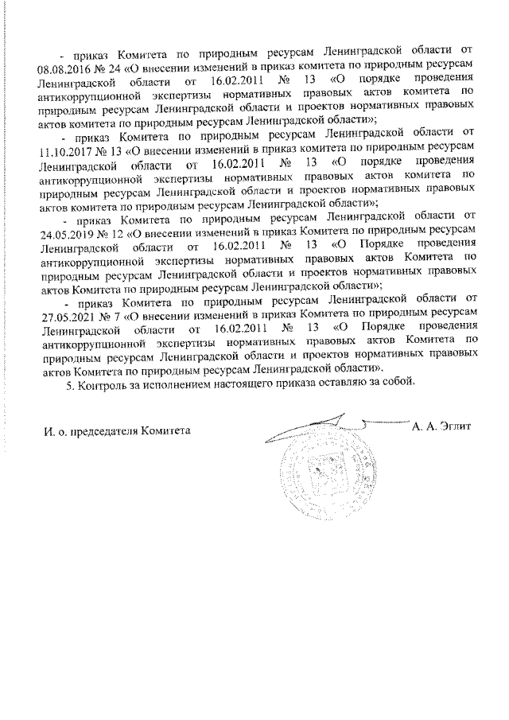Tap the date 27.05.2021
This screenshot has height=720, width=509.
[64, 309]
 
